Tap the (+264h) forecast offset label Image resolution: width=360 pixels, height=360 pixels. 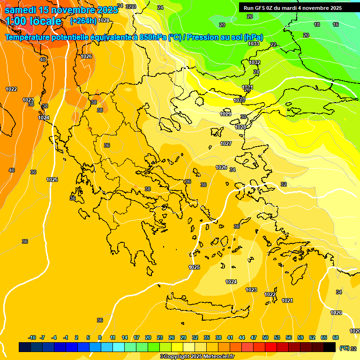coord(83,21)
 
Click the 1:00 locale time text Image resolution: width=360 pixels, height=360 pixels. coord(33,21)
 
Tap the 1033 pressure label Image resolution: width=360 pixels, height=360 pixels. coord(254,44)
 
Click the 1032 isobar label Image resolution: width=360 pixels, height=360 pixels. coord(255,62)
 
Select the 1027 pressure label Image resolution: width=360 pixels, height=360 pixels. coord(226,143)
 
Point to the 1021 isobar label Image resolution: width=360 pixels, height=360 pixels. coord(287,300)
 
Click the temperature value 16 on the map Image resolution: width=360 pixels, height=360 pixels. coord(336,24)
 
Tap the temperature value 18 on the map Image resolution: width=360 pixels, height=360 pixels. coord(317,24)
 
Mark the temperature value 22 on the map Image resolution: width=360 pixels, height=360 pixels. coord(273,45)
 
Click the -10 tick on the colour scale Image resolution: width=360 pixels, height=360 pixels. coord(32,338)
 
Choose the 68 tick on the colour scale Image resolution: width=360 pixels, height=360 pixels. coord(336,338)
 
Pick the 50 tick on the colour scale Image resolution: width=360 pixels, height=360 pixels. coord(265,338)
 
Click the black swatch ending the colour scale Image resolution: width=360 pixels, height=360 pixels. coord(330,347)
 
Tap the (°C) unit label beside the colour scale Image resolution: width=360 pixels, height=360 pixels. coord(344,348)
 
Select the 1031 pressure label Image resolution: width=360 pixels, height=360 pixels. coord(247,88)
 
